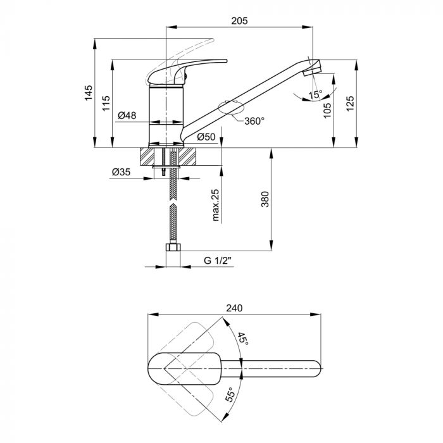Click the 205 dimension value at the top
tap(239, 21)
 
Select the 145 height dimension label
tap(89, 92)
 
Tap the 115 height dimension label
tap(106, 103)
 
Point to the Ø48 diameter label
tap(127, 115)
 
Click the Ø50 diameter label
tap(206, 137)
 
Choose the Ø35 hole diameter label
tap(122, 172)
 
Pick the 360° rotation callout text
tap(254, 122)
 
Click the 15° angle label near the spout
tap(315, 95)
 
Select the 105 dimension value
tap(327, 111)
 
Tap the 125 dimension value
tap(350, 104)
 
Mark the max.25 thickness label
tap(216, 205)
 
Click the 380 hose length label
tap(265, 199)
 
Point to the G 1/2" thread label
tap(218, 261)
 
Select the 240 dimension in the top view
tap(234, 308)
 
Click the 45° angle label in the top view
tap(242, 339)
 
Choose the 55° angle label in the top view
tap(230, 395)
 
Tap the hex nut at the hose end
tap(173, 247)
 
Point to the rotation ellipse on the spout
tap(231, 108)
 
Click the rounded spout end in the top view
tap(317, 369)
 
